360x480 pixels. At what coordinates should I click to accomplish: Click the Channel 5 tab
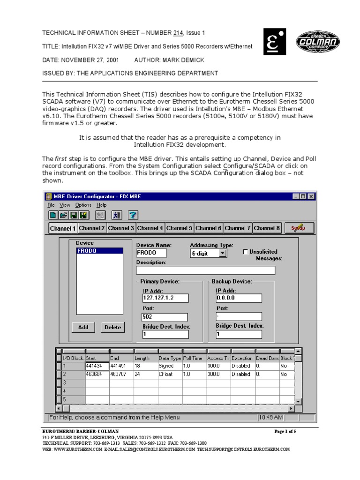[179, 228]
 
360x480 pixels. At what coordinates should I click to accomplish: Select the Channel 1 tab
[63, 228]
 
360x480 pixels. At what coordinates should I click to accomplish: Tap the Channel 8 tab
[267, 228]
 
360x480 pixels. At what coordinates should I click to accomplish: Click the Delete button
[112, 327]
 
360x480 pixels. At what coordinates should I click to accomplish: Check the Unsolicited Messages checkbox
[246, 252]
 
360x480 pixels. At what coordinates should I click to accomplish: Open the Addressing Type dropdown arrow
[223, 253]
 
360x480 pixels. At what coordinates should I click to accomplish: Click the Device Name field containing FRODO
[151, 253]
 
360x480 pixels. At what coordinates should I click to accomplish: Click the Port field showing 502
[165, 316]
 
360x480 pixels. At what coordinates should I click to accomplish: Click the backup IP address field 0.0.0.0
[239, 298]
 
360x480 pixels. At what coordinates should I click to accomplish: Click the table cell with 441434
[97, 366]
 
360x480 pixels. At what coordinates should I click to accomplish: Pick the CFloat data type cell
[169, 375]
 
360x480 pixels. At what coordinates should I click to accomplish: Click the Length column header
[146, 358]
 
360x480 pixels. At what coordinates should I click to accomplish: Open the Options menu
[83, 205]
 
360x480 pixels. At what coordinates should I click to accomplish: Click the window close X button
[311, 196]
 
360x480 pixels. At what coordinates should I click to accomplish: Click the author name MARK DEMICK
[185, 60]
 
